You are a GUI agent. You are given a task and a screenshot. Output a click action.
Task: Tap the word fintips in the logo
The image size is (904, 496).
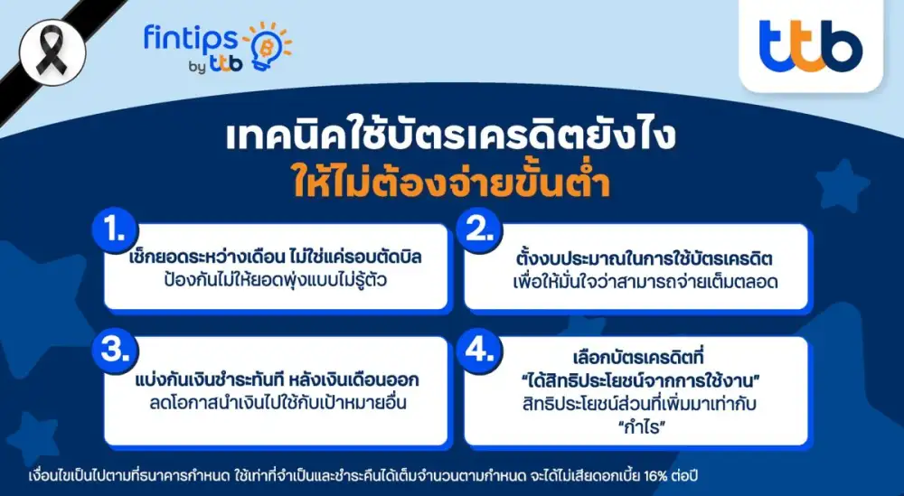click(x=191, y=38)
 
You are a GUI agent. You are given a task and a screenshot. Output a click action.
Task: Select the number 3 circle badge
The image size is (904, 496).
click(x=114, y=351)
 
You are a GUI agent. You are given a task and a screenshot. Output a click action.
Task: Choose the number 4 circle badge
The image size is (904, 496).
click(x=477, y=351)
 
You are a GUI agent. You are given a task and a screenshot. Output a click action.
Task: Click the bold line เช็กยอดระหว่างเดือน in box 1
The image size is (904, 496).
click(x=276, y=257)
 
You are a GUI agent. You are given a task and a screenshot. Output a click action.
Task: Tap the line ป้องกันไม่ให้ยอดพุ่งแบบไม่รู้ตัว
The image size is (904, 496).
click(x=276, y=281)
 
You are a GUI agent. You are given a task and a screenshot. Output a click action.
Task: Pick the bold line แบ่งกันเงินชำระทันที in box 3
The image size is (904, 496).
click(x=276, y=379)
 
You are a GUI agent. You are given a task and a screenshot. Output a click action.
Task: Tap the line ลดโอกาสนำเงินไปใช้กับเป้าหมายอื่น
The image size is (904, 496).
click(x=276, y=402)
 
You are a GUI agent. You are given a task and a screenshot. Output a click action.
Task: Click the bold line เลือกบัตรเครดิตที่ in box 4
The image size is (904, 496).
click(x=640, y=354)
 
